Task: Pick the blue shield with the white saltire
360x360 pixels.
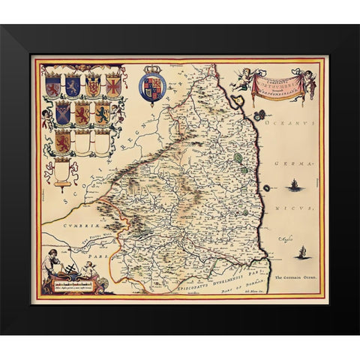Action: (x=63, y=113)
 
